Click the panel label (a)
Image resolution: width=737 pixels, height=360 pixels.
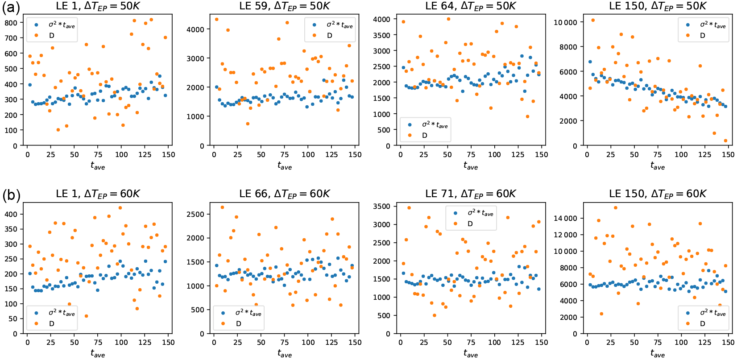11,8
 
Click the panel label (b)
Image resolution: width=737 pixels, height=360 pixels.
11,195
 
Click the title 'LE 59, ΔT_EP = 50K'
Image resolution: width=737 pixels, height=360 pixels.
285,6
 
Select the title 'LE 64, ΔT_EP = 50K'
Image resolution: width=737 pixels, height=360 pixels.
471,6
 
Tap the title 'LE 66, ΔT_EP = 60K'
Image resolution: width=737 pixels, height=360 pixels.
285,194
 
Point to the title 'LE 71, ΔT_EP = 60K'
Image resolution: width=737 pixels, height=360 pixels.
471,194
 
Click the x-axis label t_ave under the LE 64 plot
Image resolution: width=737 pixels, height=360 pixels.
471,166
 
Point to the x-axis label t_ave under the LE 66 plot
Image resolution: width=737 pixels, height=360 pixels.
285,354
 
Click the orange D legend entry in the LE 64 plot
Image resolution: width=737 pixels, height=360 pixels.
424,135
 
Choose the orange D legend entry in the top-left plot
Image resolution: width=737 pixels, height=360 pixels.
51,35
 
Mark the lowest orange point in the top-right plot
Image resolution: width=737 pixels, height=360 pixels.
725,141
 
